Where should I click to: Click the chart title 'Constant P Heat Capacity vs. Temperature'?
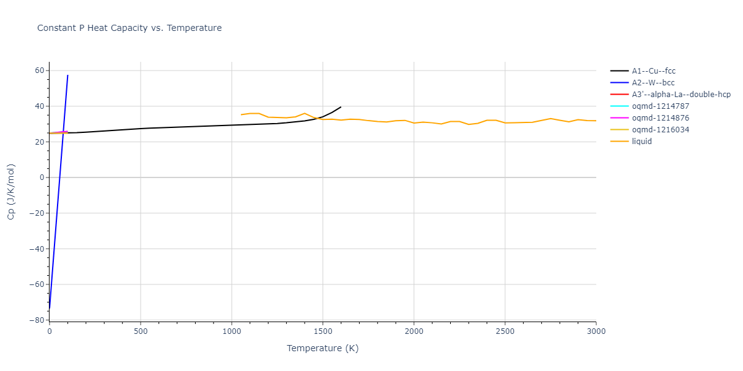click(x=129, y=28)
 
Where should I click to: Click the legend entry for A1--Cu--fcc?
click(x=653, y=71)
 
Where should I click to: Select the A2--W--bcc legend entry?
click(x=653, y=83)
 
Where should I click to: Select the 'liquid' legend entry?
click(x=641, y=142)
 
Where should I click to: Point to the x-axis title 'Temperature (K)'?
click(x=323, y=348)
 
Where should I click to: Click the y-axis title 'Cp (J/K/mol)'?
click(x=11, y=192)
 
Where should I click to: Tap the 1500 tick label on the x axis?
click(x=323, y=331)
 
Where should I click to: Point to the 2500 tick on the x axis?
click(x=505, y=331)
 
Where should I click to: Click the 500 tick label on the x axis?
click(x=141, y=331)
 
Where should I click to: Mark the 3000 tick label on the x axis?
click(x=596, y=331)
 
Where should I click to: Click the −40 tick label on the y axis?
click(x=38, y=249)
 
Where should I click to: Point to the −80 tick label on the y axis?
click(x=38, y=320)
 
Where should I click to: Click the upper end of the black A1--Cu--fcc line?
click(x=341, y=107)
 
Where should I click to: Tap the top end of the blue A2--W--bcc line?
click(x=67, y=75)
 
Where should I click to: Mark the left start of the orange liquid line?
click(x=241, y=114)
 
